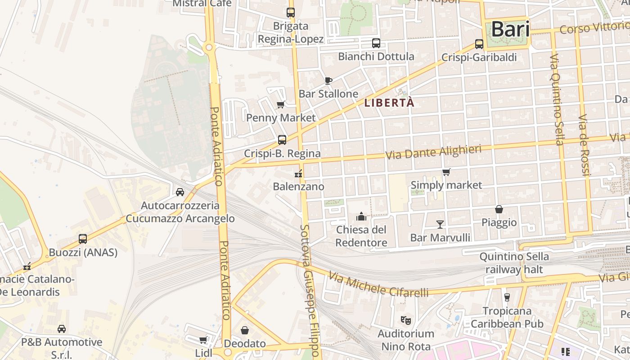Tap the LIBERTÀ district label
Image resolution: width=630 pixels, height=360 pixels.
pos(389,103)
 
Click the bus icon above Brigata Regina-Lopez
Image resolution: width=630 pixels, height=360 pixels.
pos(291,13)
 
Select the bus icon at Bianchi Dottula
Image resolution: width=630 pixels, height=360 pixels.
pos(376,43)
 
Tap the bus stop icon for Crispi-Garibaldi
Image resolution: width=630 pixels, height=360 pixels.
pos(479,44)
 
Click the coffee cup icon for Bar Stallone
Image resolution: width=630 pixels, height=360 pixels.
pos(328,81)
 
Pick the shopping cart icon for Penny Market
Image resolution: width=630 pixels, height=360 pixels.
pos(280,105)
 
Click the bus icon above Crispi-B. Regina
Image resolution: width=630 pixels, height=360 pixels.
pos(282,140)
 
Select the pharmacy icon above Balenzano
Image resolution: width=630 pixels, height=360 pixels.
pos(298,173)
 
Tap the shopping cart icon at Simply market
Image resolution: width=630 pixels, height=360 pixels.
pos(446,172)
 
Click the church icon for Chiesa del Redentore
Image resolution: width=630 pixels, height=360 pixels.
pos(361,217)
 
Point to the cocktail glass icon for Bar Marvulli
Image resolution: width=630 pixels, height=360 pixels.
pos(440,224)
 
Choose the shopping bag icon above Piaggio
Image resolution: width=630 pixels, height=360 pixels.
pos(499,209)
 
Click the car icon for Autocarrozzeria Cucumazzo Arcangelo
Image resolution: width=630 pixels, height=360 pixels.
pos(180,192)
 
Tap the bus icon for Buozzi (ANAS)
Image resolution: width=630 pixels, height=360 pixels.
pos(83,239)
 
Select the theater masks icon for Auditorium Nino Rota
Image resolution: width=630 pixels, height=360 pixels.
pos(406,320)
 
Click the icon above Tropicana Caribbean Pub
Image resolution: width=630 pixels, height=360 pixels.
pos(507,297)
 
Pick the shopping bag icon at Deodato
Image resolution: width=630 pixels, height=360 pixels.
pos(245,331)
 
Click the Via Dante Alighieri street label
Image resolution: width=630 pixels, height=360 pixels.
pos(433,152)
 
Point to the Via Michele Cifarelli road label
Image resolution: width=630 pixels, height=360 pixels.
pos(378,284)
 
